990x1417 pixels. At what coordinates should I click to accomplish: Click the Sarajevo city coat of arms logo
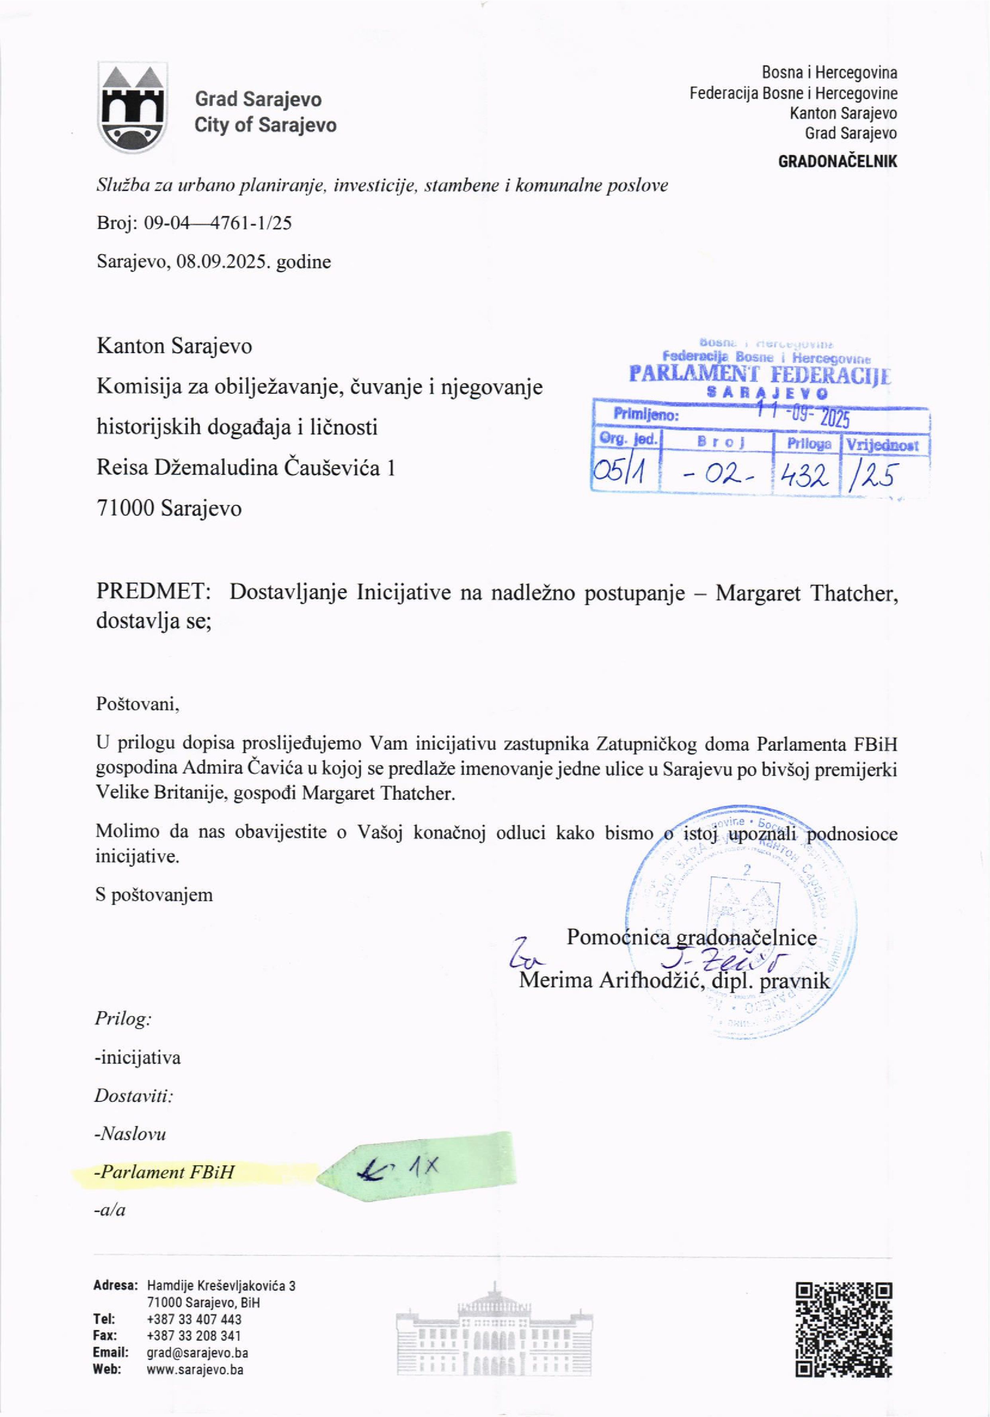pos(133,108)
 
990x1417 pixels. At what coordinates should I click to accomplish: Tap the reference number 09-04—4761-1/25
pos(217,223)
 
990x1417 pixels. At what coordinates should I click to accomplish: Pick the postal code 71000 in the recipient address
pos(125,509)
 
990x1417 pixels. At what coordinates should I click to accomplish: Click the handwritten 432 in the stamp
pos(804,475)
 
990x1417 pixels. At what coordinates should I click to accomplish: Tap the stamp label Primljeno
pos(646,415)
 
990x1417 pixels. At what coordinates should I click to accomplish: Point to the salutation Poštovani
pos(137,704)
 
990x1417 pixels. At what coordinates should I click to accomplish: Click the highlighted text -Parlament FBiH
pos(164,1172)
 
